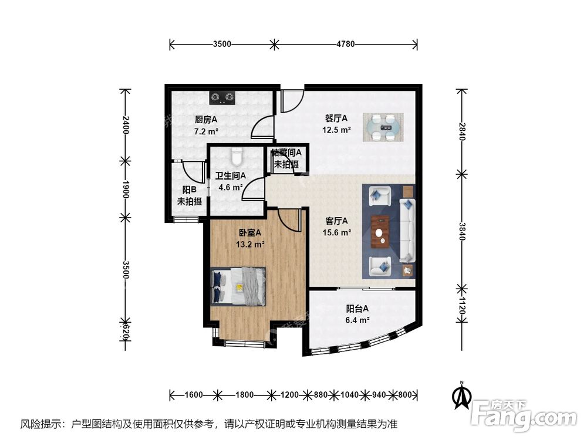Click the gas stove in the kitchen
222,97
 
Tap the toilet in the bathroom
237,157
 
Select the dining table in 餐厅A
383,127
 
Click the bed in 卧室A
238,287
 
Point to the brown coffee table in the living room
380,231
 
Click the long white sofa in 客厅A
407,230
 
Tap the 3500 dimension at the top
222,44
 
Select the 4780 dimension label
346,44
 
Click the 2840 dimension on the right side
462,131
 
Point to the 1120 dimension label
462,306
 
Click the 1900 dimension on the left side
126,189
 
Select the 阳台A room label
357,309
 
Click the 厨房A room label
206,120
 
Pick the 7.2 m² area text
206,131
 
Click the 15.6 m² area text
336,232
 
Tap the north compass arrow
463,396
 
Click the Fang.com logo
524,415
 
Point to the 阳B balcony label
189,189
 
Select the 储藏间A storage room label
286,153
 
